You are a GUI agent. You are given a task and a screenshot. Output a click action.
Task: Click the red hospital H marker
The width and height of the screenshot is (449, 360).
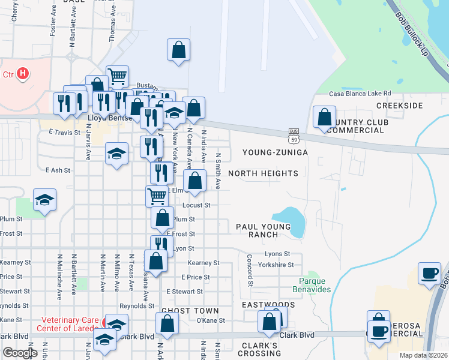pyautogui.click(x=23, y=74)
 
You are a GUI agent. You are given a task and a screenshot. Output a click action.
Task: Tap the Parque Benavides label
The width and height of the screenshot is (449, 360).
pyautogui.click(x=315, y=285)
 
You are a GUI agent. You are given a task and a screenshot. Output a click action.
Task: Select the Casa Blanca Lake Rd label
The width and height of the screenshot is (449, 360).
pyautogui.click(x=360, y=94)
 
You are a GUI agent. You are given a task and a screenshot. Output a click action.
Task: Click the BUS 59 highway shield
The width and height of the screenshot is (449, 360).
pyautogui.click(x=294, y=136)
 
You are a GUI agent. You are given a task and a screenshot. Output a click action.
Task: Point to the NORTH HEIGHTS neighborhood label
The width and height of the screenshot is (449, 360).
pyautogui.click(x=263, y=173)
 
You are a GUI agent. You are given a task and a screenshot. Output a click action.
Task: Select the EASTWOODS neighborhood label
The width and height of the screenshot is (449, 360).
pyautogui.click(x=260, y=305)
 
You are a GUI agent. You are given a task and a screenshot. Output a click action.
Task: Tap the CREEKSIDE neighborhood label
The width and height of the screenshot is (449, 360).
pyautogui.click(x=400, y=105)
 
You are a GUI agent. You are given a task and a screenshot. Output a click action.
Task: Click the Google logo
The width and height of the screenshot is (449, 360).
pyautogui.click(x=20, y=353)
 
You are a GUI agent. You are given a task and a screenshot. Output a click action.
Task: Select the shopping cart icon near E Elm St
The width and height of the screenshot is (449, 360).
pyautogui.click(x=156, y=195)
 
